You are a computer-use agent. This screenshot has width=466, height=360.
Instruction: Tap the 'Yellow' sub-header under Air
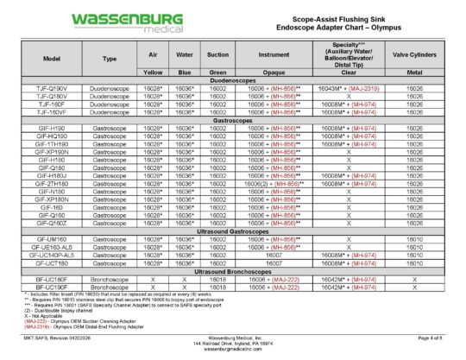point(152,72)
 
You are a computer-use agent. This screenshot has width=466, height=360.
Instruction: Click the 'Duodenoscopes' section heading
point(236,79)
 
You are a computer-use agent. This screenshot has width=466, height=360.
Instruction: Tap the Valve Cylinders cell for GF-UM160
point(414,238)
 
